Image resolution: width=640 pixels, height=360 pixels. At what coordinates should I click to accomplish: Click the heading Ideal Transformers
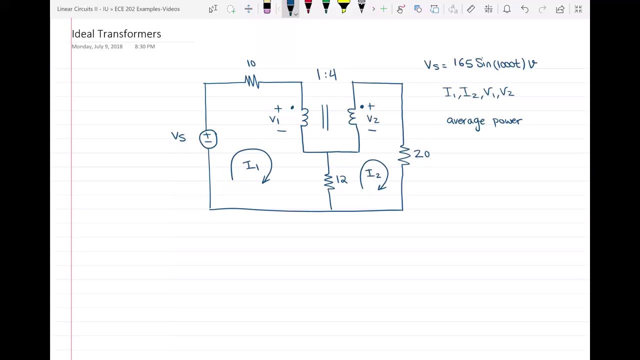(x=116, y=34)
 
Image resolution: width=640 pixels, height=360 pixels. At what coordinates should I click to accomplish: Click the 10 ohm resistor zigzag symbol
(x=252, y=81)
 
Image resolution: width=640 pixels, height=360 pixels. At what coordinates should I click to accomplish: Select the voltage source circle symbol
(x=208, y=139)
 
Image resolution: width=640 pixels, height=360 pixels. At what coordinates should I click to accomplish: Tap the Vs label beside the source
(x=178, y=136)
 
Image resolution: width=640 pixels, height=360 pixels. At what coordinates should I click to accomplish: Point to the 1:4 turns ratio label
(x=326, y=75)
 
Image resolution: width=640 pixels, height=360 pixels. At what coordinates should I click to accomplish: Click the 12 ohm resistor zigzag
(x=328, y=180)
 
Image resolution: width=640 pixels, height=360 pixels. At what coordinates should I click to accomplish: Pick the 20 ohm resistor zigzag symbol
(x=403, y=155)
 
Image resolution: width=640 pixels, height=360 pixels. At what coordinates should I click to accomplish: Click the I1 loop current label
(x=250, y=165)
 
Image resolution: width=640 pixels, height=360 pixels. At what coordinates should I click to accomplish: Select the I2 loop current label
(x=373, y=174)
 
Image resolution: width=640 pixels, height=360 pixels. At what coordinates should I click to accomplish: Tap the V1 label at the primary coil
(x=274, y=120)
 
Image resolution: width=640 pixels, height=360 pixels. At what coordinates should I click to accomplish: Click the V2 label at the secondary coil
(x=372, y=119)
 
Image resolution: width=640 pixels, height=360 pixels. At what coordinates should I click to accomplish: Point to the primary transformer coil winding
(x=304, y=117)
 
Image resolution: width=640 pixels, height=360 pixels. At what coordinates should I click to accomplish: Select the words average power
(x=484, y=121)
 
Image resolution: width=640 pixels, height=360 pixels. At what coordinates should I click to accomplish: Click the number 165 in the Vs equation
(x=462, y=63)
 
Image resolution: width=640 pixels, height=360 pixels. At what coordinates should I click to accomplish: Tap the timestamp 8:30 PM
(x=144, y=46)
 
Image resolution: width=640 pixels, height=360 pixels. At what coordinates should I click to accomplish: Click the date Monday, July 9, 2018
(x=97, y=46)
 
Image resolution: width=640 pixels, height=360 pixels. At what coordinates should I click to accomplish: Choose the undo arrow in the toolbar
(x=524, y=9)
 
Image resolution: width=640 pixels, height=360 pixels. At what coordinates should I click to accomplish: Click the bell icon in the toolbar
(x=507, y=9)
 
